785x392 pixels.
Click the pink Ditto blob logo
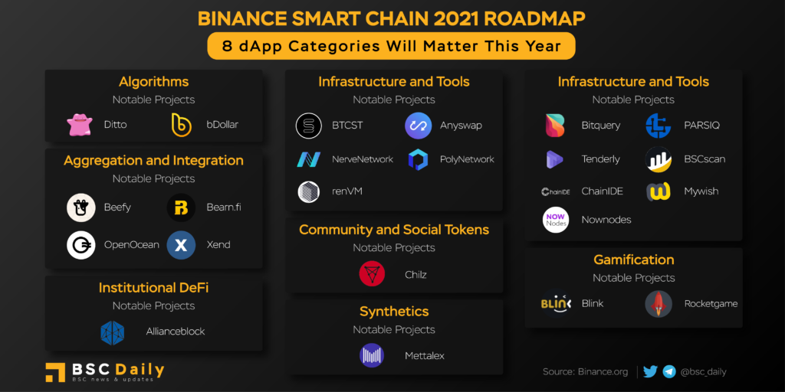(x=80, y=125)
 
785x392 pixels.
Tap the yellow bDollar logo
(x=181, y=125)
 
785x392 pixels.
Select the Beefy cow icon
(x=81, y=207)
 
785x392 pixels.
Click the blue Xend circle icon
(x=181, y=245)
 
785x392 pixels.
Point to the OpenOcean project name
(x=132, y=245)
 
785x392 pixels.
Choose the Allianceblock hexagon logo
(x=113, y=332)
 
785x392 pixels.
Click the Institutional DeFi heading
(x=153, y=288)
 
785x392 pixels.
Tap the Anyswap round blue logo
(x=418, y=126)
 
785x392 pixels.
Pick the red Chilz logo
(x=372, y=274)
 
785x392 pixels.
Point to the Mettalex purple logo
(x=372, y=355)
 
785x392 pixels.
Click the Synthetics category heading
(x=394, y=312)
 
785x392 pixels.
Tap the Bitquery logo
(x=555, y=126)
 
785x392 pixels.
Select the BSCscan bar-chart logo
(x=659, y=159)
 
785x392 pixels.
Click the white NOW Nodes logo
(x=556, y=220)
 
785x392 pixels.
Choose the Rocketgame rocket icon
(x=659, y=304)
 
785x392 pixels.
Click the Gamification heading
(x=634, y=260)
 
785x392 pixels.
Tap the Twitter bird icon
(x=650, y=371)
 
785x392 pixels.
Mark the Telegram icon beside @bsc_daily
(x=669, y=371)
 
